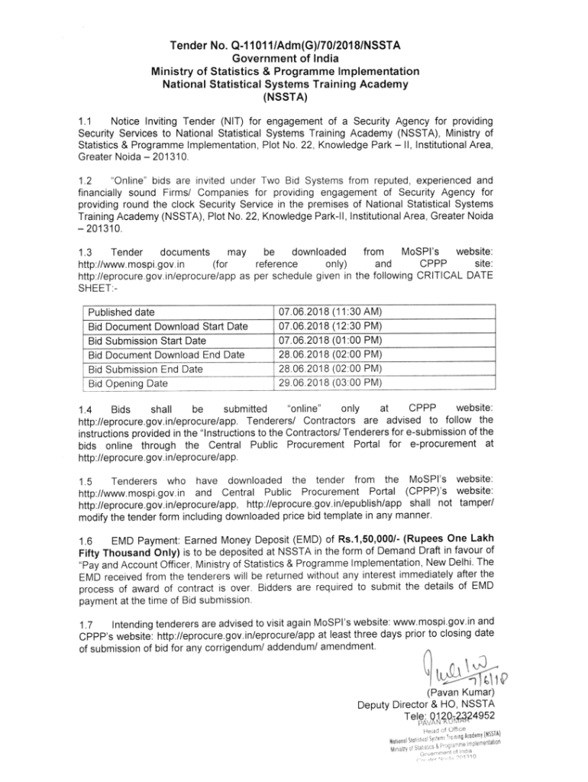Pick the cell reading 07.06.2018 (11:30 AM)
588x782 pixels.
(331, 312)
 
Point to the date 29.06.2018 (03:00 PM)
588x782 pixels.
(331, 382)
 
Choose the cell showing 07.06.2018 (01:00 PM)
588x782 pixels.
(331, 340)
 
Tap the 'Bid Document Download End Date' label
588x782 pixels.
(166, 354)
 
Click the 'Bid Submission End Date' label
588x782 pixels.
(146, 369)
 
